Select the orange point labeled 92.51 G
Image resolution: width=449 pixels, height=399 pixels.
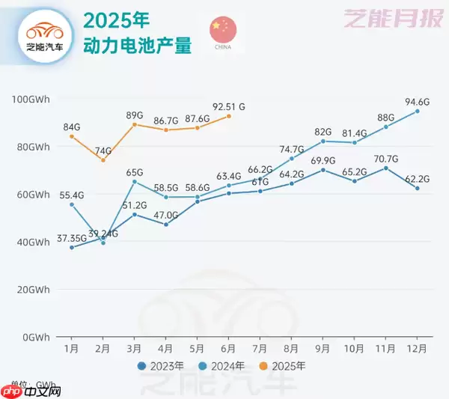tap(229, 116)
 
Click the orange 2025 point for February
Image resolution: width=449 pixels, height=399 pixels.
tap(103, 160)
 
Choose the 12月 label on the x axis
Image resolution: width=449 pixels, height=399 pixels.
tap(418, 349)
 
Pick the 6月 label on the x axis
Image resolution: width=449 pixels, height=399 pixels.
tap(229, 349)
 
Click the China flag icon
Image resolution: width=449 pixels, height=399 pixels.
tap(223, 28)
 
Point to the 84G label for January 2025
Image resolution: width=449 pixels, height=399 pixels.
tap(72, 126)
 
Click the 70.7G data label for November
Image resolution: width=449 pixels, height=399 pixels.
tap(386, 158)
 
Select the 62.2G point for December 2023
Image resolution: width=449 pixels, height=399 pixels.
tap(418, 189)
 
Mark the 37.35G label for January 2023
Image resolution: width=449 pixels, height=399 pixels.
tap(72, 238)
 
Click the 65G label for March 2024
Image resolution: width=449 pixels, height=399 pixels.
tap(135, 171)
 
